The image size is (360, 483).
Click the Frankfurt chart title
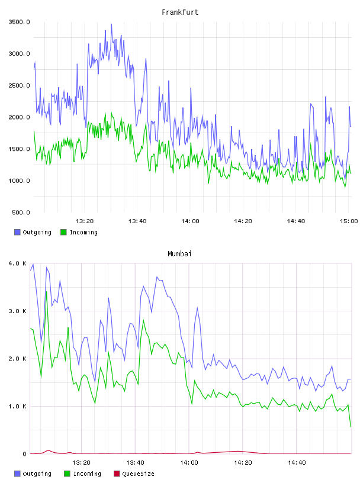pyautogui.click(x=180, y=12)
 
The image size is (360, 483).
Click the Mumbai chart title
pyautogui.click(x=179, y=254)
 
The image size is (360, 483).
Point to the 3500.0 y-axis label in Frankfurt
pyautogui.click(x=19, y=22)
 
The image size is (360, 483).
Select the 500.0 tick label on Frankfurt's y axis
pyautogui.click(x=21, y=212)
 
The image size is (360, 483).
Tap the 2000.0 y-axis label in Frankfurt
pyautogui.click(x=19, y=117)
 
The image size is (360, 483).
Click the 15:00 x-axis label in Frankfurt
pyautogui.click(x=349, y=221)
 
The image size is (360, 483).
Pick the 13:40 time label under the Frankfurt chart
pyautogui.click(x=137, y=221)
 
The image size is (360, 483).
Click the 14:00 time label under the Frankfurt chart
pyautogui.click(x=190, y=221)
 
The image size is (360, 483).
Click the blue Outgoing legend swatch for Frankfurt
pyautogui.click(x=17, y=232)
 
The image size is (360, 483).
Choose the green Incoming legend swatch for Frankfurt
pyautogui.click(x=63, y=232)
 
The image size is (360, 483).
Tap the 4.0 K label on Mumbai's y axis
pyautogui.click(x=18, y=263)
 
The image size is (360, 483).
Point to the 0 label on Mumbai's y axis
pyautogui.click(x=25, y=454)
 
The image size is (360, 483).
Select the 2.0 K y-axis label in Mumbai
pyautogui.click(x=18, y=359)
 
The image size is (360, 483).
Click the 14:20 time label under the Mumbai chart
pyautogui.click(x=243, y=463)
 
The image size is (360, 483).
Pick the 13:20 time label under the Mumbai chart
pyautogui.click(x=81, y=463)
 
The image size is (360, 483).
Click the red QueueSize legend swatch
pyautogui.click(x=117, y=474)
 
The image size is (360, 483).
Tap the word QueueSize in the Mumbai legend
pyautogui.click(x=139, y=474)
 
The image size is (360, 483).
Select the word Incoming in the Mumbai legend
pyautogui.click(x=87, y=474)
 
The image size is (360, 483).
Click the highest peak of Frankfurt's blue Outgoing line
pyautogui.click(x=111, y=24)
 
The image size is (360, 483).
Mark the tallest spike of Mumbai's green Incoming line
pyautogui.click(x=47, y=291)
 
